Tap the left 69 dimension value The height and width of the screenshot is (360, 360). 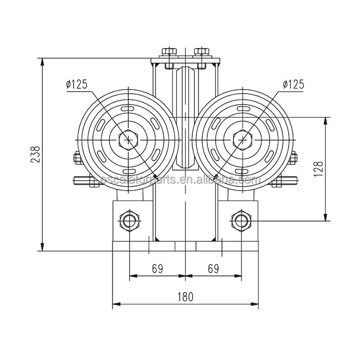point(157,268)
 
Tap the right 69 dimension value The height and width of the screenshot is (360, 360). point(213,268)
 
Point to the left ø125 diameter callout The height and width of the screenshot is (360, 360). point(77,84)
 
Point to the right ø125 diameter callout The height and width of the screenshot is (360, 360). point(293,84)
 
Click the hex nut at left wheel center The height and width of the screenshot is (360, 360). point(129,140)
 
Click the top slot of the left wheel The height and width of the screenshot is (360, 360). point(129,109)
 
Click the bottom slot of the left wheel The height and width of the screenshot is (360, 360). point(129,170)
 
